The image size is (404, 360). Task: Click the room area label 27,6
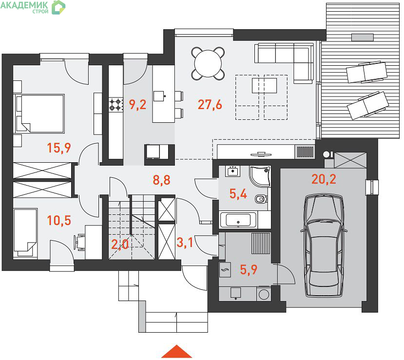pos(210,105)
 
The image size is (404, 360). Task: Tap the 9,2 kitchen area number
pos(137,105)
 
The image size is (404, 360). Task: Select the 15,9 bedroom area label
pos(59,148)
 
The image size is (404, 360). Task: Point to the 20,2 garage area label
pos(324,179)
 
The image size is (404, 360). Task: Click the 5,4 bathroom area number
pos(238,194)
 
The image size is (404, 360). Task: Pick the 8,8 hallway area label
pos(161,180)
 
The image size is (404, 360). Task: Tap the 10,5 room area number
pos(59,220)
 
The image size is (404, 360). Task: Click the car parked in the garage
pos(324,246)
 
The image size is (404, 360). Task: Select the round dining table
pos(208,63)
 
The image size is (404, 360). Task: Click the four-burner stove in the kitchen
pos(115,104)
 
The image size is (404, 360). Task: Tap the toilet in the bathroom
pos(261,199)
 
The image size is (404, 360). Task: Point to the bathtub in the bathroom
pos(238,220)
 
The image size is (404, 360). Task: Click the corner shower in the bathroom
pos(260,176)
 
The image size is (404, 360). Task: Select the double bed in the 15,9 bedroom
pos(40,114)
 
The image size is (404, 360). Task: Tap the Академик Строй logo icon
pos(58,7)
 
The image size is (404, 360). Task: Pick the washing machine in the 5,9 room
pos(264,294)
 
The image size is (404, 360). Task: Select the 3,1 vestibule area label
pos(185,242)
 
